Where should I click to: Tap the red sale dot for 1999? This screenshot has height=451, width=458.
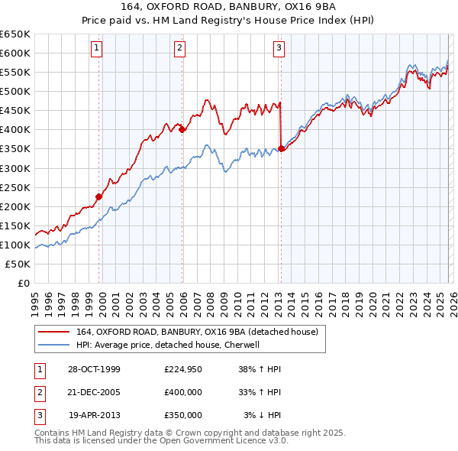click(x=99, y=196)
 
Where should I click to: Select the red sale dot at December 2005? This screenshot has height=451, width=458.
click(x=182, y=130)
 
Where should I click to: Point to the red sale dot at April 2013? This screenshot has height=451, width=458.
click(x=281, y=149)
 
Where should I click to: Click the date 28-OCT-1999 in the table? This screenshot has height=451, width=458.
click(x=94, y=369)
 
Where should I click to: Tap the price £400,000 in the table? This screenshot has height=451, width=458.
click(x=183, y=392)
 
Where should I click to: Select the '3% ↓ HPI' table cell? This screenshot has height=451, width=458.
click(x=263, y=415)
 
